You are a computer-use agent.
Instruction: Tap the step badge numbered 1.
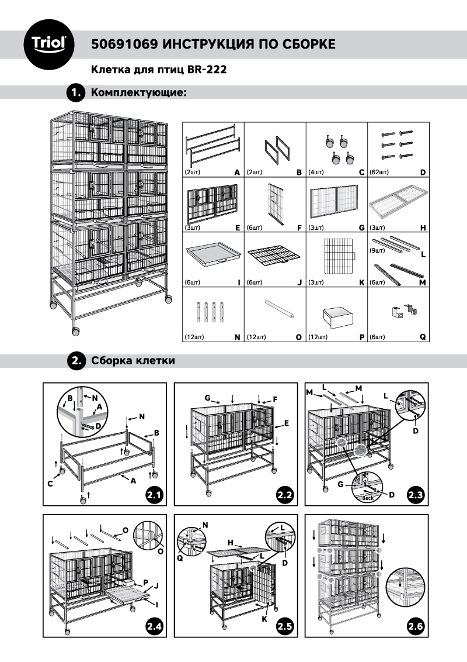(75, 93)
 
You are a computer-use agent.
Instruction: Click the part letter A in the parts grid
(236, 173)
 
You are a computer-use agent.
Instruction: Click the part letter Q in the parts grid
(423, 337)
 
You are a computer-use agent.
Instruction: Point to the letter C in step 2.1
(50, 484)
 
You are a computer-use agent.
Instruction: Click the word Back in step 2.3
(368, 498)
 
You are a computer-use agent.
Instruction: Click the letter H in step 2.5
(231, 543)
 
